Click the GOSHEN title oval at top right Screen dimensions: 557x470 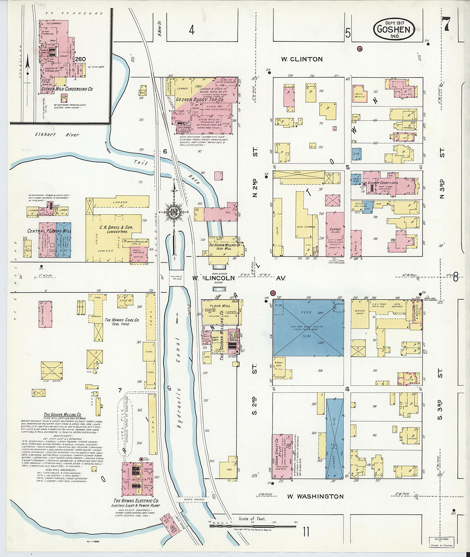(x=394, y=29)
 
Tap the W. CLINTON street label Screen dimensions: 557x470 (x=302, y=59)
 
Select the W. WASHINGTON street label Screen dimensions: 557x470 (x=315, y=496)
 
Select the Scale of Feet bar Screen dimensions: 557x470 (x=252, y=525)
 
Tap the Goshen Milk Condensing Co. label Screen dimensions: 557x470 (x=67, y=89)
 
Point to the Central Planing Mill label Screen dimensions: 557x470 (x=49, y=231)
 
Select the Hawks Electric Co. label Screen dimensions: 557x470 (x=136, y=501)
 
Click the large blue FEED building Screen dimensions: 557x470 (x=308, y=327)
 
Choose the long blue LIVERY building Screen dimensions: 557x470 (x=335, y=435)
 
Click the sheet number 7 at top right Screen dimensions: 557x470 (x=446, y=25)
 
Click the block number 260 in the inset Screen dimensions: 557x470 (x=80, y=59)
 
